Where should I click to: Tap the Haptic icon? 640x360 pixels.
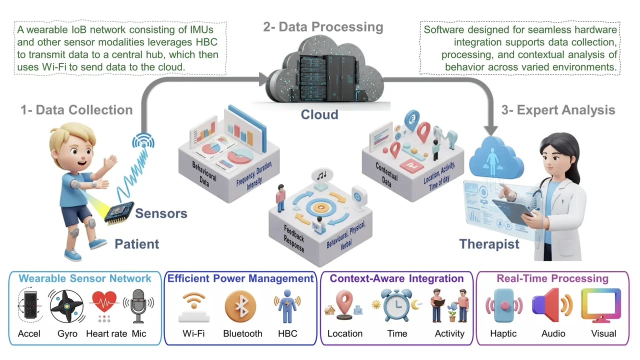click(x=504, y=306)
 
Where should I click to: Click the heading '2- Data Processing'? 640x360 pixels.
click(x=323, y=26)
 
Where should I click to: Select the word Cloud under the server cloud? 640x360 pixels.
click(x=319, y=114)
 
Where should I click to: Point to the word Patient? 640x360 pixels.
click(x=137, y=244)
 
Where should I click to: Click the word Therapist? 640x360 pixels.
click(x=489, y=244)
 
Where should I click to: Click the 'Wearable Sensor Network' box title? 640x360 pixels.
click(x=85, y=278)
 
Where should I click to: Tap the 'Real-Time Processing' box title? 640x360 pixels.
click(x=552, y=278)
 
